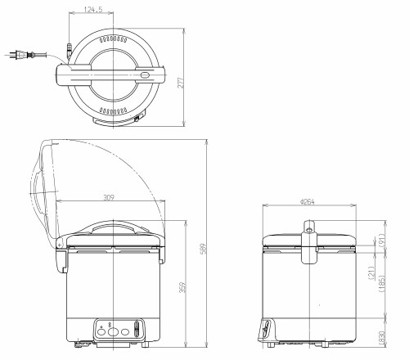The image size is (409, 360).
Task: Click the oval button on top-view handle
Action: (x=146, y=75)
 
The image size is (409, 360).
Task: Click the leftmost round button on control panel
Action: (x=101, y=331)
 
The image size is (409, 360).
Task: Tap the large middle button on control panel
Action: (x=112, y=331)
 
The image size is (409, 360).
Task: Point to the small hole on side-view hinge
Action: (x=312, y=246)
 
